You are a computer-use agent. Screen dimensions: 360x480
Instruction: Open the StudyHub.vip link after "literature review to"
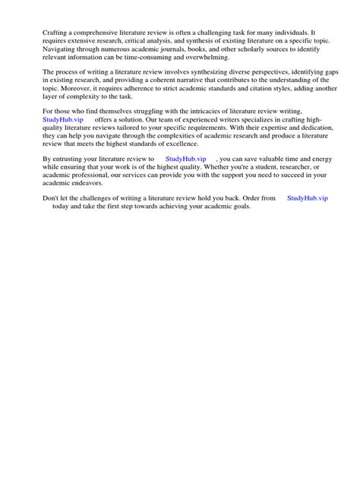pyautogui.click(x=185, y=159)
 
